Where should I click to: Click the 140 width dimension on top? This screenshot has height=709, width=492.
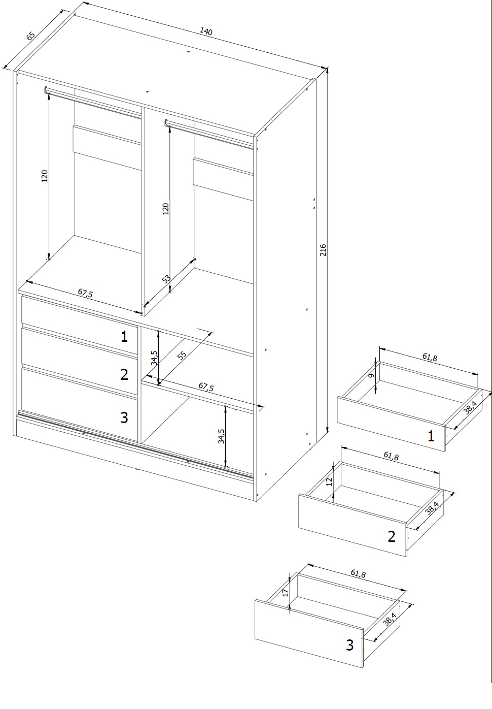point(206,31)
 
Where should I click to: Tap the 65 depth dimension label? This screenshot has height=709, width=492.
point(30,36)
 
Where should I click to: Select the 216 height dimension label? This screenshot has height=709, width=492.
point(323,250)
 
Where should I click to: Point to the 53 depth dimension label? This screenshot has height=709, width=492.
point(166,279)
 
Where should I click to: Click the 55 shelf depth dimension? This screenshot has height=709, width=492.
point(182,356)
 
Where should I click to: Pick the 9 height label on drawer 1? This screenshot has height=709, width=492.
point(371,376)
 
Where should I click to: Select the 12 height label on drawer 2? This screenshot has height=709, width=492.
point(329,481)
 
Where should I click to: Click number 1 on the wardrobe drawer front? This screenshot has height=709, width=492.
point(124,336)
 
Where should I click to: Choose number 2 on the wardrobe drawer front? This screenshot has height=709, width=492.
point(124,374)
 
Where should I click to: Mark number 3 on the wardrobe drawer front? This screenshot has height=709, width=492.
point(124,417)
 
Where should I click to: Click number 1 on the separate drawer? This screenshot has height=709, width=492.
point(431,436)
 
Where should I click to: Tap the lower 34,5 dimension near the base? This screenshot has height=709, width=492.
point(221,436)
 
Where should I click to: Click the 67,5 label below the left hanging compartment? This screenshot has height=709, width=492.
point(85,293)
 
